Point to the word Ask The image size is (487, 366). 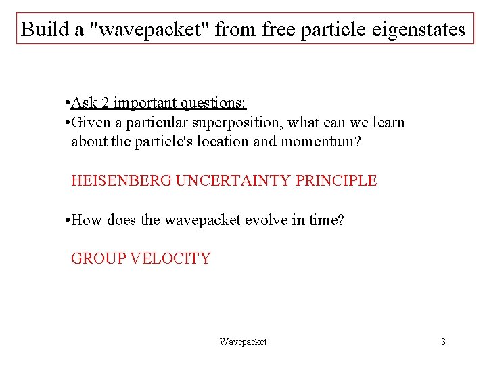point(83,103)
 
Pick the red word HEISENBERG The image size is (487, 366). point(121,181)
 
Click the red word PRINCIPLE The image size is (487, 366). point(336,181)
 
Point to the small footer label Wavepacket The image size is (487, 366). point(243,342)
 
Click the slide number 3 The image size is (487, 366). point(443,342)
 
